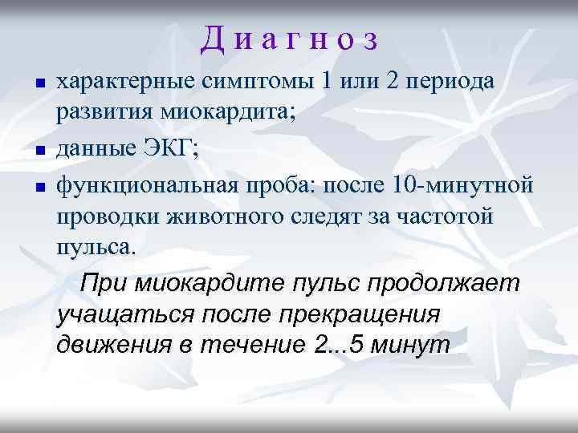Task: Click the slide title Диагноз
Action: (289, 38)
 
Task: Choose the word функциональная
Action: (144, 185)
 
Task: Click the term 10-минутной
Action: (463, 185)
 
